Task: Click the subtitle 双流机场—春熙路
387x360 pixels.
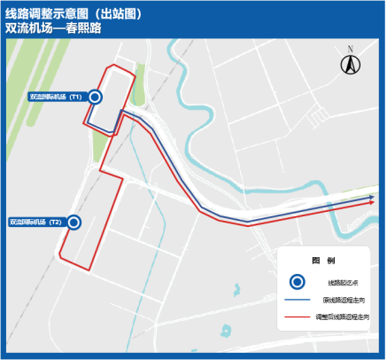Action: (x=54, y=29)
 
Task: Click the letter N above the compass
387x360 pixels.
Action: (x=350, y=48)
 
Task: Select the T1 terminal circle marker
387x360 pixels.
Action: (x=95, y=97)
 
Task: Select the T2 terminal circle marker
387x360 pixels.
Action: (x=74, y=223)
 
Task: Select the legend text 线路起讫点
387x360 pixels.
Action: (x=337, y=281)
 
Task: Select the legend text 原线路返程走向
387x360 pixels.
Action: (x=341, y=299)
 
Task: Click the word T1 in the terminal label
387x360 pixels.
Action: (x=76, y=97)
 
